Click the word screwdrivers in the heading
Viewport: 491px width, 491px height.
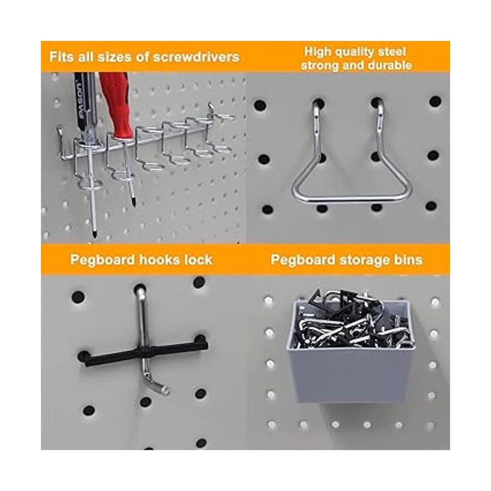[196, 57]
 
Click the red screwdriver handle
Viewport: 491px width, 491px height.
[117, 104]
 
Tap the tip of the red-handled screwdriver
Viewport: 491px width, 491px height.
[134, 204]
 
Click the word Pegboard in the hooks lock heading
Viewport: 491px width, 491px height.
[103, 260]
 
